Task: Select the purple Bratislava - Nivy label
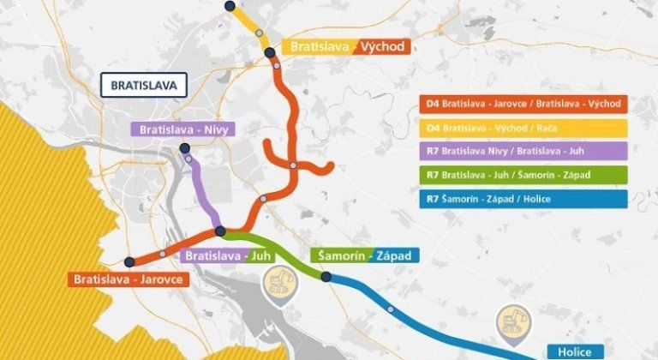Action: pos(182,129)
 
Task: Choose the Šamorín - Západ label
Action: pos(364,255)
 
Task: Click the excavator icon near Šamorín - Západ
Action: pos(278,279)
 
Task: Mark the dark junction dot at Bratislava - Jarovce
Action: pos(129,262)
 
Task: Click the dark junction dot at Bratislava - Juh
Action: pos(220,231)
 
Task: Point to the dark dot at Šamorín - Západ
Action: pos(326,276)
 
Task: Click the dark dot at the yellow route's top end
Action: pos(229,6)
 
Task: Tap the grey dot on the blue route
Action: pos(391,309)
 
